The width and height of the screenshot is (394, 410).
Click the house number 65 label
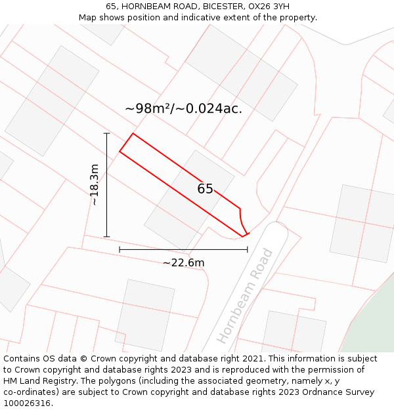point(205,189)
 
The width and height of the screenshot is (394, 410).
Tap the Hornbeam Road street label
point(245,296)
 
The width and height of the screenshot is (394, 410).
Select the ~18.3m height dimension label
point(95,185)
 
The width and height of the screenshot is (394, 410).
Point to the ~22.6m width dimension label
point(183,263)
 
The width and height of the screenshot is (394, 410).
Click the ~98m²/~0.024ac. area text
point(183,109)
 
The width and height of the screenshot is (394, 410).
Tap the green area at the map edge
point(371,321)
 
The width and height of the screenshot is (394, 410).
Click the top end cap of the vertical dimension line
point(106,133)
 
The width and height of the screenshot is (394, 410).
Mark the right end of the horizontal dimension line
point(248,249)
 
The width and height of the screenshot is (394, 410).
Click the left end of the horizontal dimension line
point(120,249)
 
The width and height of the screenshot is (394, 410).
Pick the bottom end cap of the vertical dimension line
point(106,237)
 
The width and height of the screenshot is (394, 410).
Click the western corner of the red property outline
point(120,152)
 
